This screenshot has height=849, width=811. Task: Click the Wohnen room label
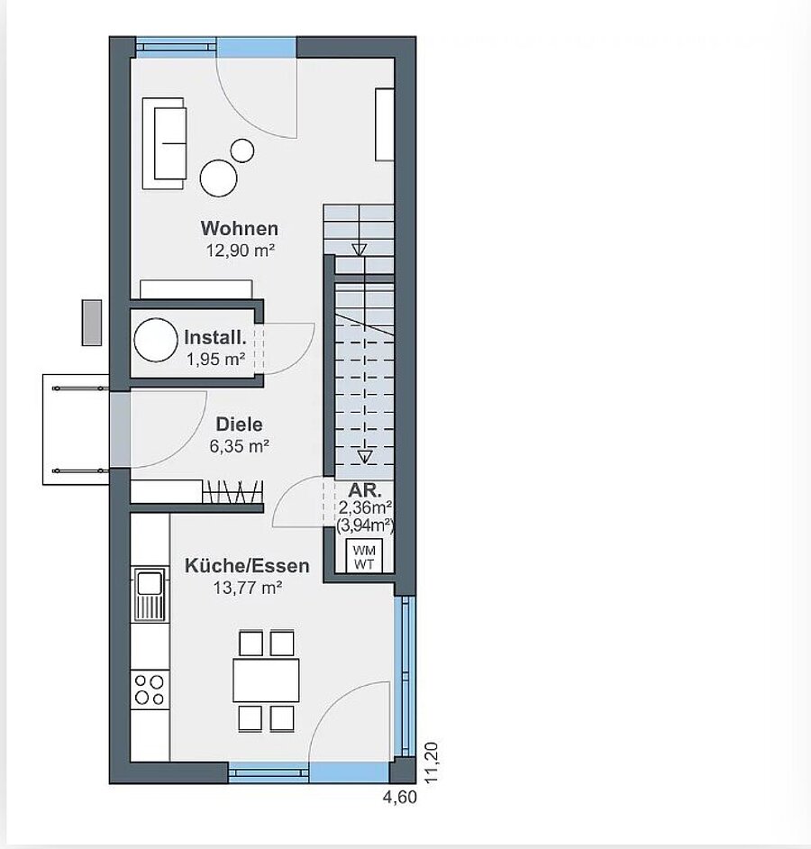coord(240,229)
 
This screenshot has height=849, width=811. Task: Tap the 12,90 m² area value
coord(241,251)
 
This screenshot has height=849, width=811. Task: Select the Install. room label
coord(215,337)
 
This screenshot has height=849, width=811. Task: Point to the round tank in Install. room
coord(156,340)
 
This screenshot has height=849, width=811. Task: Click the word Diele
coord(240,424)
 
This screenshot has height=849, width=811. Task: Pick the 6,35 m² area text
coord(240,446)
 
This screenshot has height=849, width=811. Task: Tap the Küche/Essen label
coord(247,566)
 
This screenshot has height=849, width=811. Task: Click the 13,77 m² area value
coord(248,588)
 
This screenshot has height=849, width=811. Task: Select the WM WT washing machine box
coord(364,556)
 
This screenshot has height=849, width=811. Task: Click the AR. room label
coord(365,490)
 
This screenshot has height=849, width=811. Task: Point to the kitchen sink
coord(150,595)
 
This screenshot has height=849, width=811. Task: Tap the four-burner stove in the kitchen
coord(150,689)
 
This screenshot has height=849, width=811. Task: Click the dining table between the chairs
coord(266,680)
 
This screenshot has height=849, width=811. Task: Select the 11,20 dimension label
coord(432,762)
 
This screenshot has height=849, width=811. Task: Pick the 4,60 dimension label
coord(400,797)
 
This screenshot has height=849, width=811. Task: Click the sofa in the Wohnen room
coord(163,143)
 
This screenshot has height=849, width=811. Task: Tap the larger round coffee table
coord(218,178)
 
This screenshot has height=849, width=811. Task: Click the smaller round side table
coord(242,151)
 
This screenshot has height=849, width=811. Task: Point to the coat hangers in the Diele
coord(232,491)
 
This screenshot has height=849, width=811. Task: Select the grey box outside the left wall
coord(92,323)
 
